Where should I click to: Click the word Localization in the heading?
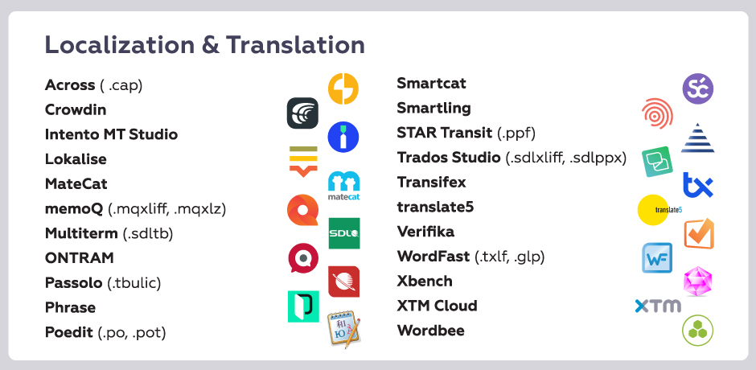(x=120, y=45)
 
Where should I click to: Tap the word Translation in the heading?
(x=295, y=45)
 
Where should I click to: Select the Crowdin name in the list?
(x=76, y=109)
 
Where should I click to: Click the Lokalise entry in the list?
(x=76, y=158)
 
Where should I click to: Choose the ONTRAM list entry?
(x=80, y=258)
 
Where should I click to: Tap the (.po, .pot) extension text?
(x=132, y=332)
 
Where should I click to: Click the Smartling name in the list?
(x=434, y=108)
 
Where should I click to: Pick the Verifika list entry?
(x=425, y=232)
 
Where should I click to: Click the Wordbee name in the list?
(x=431, y=331)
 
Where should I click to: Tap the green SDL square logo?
(x=344, y=233)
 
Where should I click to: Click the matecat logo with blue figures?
(x=343, y=186)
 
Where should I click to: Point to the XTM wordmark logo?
(x=658, y=306)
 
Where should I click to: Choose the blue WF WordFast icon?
(x=657, y=258)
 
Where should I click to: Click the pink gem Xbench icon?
(x=697, y=282)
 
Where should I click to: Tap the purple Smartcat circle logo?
(x=697, y=88)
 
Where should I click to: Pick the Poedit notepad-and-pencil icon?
(x=344, y=329)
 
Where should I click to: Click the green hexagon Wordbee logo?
(x=697, y=331)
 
